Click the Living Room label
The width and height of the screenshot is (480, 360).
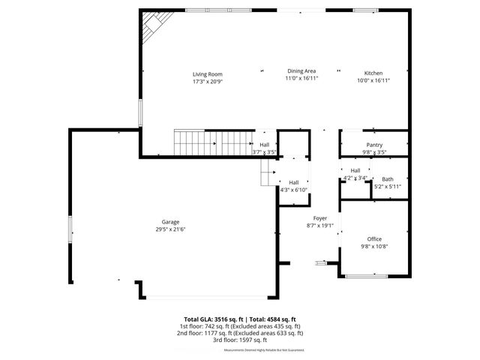(x=208, y=73)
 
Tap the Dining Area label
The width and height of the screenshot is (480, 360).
(x=302, y=71)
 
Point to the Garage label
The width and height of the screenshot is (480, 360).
(x=170, y=222)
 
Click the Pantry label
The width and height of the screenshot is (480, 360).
(x=374, y=145)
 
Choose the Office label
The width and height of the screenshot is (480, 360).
(x=374, y=239)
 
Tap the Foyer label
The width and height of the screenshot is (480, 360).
(x=320, y=218)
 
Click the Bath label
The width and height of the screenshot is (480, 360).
(x=387, y=179)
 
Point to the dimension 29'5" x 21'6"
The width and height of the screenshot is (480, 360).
(x=170, y=229)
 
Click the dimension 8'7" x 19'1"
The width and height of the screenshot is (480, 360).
(x=320, y=226)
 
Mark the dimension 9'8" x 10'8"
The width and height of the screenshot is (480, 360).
(x=374, y=247)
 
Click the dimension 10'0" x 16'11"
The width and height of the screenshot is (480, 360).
(x=373, y=80)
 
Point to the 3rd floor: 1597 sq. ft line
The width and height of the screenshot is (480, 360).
(x=240, y=340)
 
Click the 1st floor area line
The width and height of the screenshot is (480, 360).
(x=240, y=327)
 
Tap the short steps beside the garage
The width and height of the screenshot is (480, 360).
(x=268, y=177)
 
